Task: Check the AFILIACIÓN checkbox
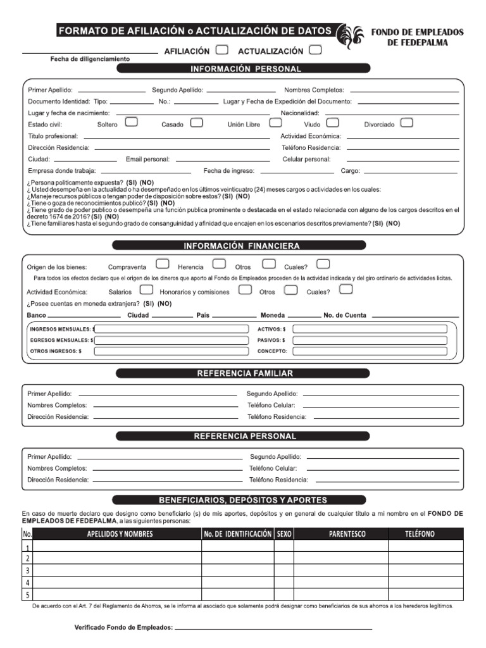[x=222, y=50]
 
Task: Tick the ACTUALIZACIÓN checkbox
[x=315, y=50]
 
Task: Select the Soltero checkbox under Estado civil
[x=132, y=123]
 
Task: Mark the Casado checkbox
[x=197, y=123]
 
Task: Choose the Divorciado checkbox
[x=407, y=123]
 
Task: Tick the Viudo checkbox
[x=333, y=123]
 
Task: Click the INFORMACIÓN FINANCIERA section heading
[x=242, y=246]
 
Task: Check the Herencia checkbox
[x=219, y=264]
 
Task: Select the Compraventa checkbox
[x=162, y=264]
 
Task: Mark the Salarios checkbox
[x=146, y=290]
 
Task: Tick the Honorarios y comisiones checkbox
[x=246, y=290]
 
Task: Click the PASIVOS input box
[x=370, y=340]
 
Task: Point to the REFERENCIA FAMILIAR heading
[x=242, y=373]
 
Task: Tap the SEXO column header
[x=284, y=534]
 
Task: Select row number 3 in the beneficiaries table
[x=28, y=570]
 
